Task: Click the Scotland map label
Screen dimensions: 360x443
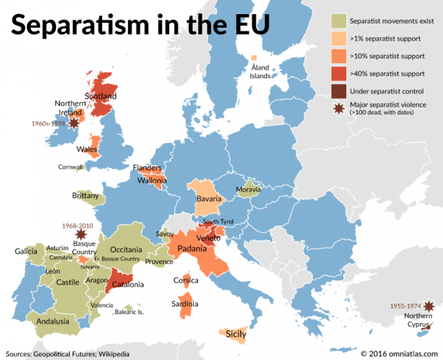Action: pyautogui.click(x=100, y=96)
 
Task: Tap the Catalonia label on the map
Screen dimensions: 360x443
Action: pyautogui.click(x=128, y=284)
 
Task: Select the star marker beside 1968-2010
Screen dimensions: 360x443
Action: pyautogui.click(x=81, y=235)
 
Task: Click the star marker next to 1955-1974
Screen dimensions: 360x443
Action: pyautogui.click(x=429, y=306)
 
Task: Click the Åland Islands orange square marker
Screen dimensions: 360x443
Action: pyautogui.click(x=254, y=58)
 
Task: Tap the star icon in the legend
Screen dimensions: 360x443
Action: pyautogui.click(x=339, y=109)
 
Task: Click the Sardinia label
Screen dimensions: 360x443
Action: pyautogui.click(x=185, y=304)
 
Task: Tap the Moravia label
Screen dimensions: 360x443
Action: pyautogui.click(x=248, y=190)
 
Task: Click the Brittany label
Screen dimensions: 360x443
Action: pyautogui.click(x=85, y=195)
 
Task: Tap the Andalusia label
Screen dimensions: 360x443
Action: pyautogui.click(x=53, y=321)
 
